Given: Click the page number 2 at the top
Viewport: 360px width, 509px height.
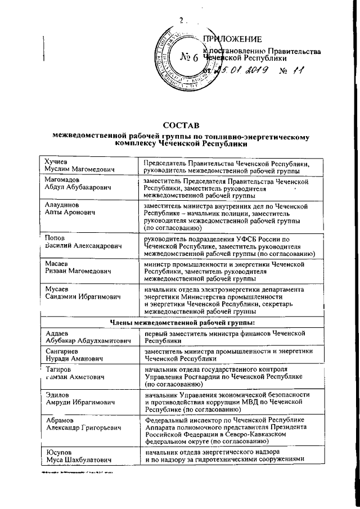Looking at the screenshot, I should click(181, 21).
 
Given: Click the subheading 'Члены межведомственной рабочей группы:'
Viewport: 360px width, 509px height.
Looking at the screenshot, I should click(181, 323).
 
